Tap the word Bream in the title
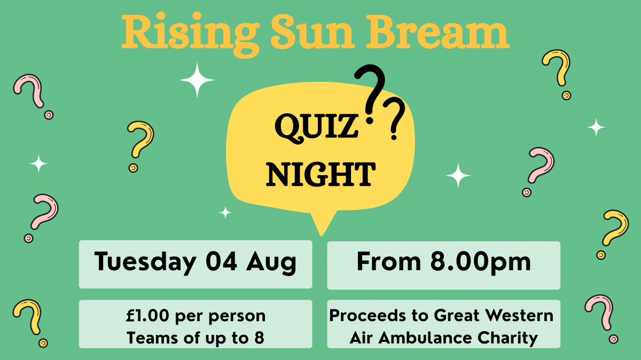pyautogui.click(x=438, y=32)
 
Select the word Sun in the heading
pyautogui.click(x=313, y=32)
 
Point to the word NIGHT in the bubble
pyautogui.click(x=321, y=174)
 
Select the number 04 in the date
pyautogui.click(x=221, y=261)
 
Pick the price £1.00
pyautogui.click(x=147, y=315)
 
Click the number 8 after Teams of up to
pyautogui.click(x=259, y=338)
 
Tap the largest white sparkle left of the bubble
pyautogui.click(x=197, y=80)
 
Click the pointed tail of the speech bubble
pyautogui.click(x=322, y=233)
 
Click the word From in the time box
pyautogui.click(x=389, y=261)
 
